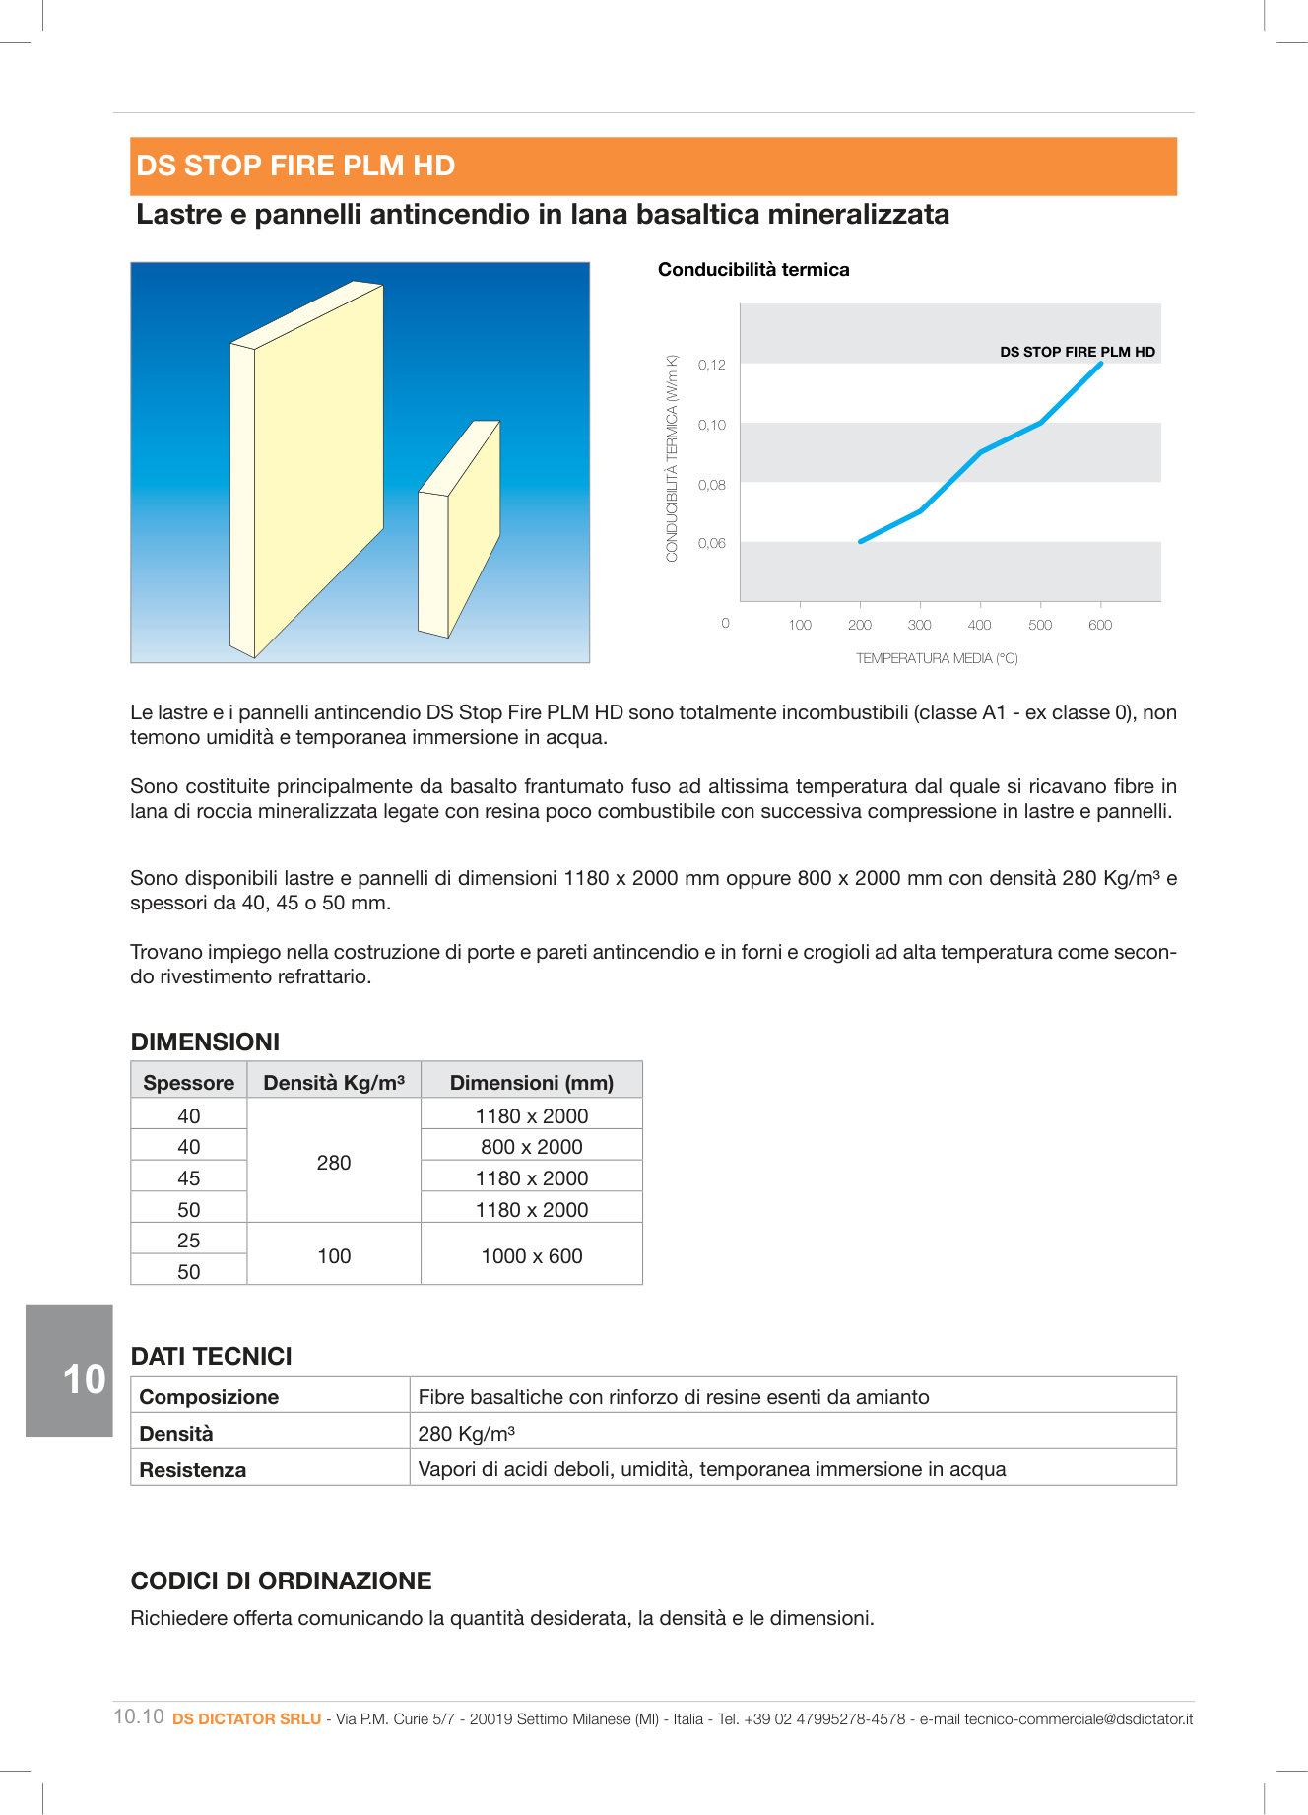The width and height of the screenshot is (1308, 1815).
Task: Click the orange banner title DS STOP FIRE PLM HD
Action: (295, 166)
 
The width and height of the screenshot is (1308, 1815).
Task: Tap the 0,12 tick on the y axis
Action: (711, 365)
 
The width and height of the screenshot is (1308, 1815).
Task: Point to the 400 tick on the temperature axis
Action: (979, 625)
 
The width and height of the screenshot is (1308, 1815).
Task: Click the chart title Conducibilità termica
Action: (753, 270)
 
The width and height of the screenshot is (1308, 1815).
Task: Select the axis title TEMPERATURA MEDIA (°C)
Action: (937, 658)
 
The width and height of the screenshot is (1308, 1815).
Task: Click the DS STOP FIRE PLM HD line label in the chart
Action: (1077, 352)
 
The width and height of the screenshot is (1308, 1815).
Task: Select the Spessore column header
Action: (188, 1082)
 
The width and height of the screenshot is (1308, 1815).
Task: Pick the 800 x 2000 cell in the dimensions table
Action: (531, 1147)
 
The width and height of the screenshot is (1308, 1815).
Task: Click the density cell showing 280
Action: (334, 1163)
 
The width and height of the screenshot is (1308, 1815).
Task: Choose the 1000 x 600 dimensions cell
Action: (531, 1256)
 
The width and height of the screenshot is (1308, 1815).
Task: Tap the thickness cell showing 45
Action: (188, 1178)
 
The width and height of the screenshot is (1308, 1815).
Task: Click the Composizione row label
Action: (209, 1397)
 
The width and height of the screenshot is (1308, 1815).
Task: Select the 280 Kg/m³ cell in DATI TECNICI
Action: (467, 1434)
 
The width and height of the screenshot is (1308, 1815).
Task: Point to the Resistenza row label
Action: (193, 1470)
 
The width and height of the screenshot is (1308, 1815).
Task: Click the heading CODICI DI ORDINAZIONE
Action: (281, 1580)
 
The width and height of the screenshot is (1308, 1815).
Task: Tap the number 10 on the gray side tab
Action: (84, 1379)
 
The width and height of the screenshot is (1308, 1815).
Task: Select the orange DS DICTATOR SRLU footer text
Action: (246, 1718)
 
